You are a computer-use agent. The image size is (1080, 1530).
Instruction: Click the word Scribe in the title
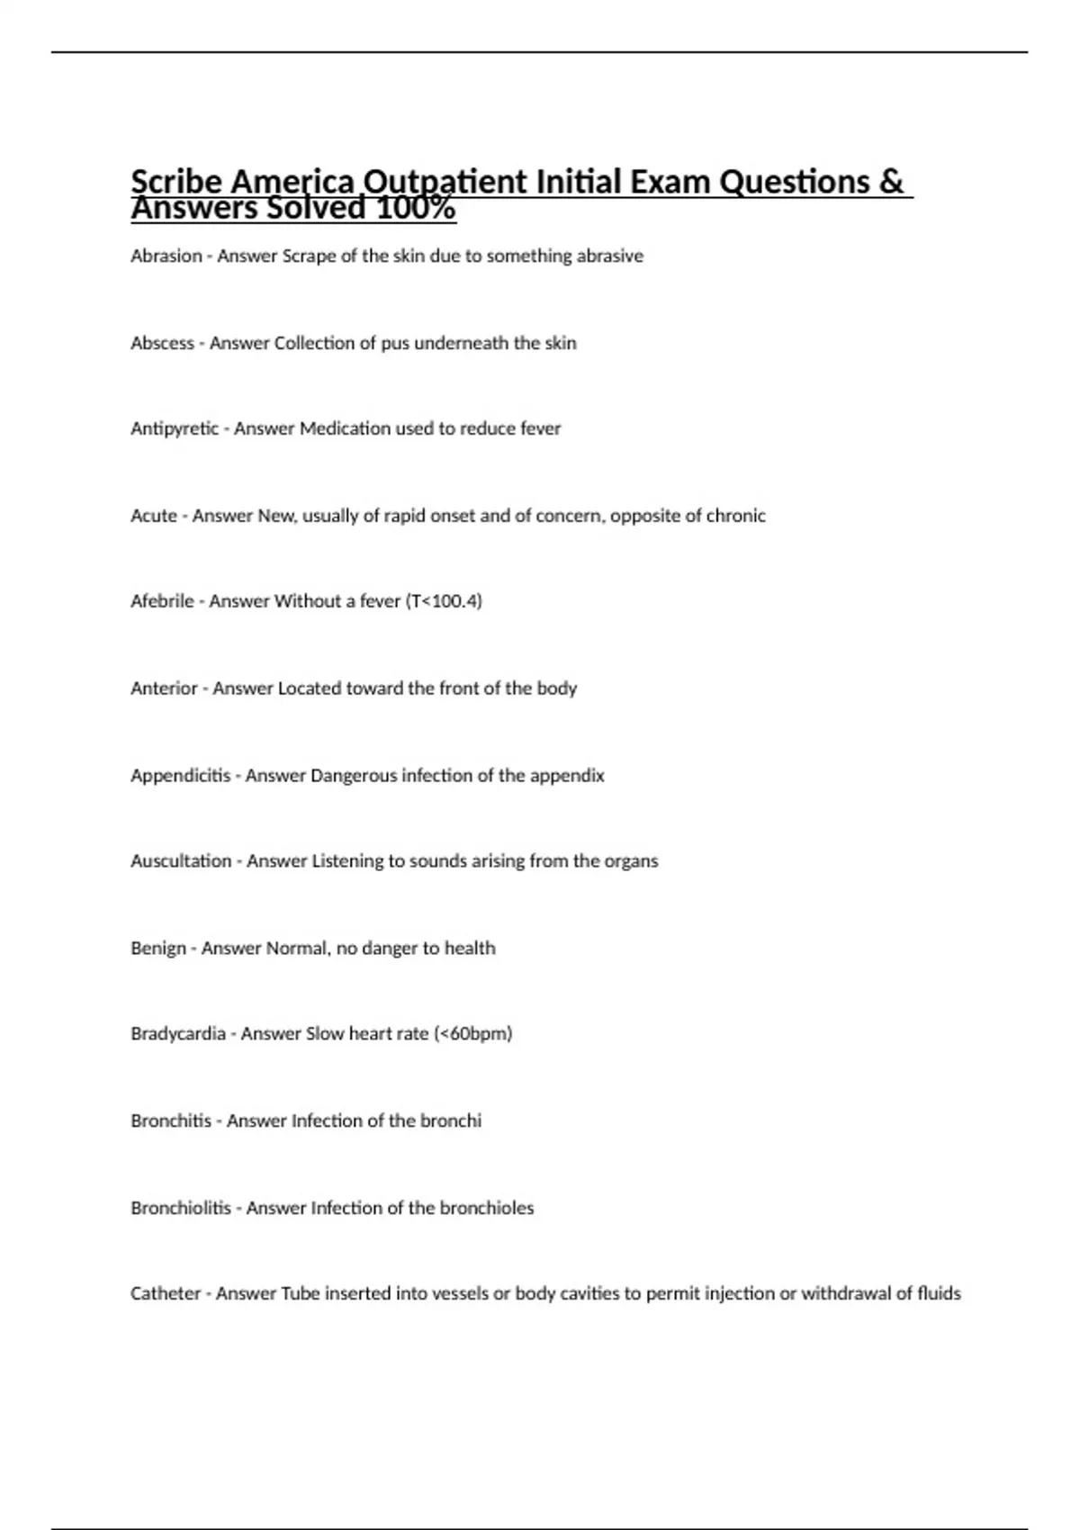click(x=176, y=183)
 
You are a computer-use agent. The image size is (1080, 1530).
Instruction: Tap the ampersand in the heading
click(x=890, y=183)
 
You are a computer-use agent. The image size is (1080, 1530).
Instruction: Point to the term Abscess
click(x=162, y=344)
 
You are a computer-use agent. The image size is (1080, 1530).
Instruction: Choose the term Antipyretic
click(x=175, y=429)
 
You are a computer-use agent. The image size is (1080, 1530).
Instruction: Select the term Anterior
click(x=164, y=688)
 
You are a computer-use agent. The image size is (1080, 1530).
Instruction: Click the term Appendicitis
click(x=180, y=776)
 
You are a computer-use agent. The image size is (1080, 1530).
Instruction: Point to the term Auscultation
click(x=181, y=861)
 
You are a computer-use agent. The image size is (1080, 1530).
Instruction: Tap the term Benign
click(x=158, y=949)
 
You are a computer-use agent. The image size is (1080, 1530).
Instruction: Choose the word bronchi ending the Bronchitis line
click(x=454, y=1121)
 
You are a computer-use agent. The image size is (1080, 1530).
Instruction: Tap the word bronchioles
click(x=493, y=1208)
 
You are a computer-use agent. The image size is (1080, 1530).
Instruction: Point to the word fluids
click(x=939, y=1294)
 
